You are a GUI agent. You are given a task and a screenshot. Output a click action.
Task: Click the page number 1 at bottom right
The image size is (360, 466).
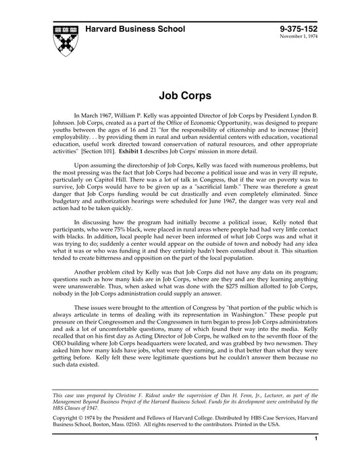tap(316, 457)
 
